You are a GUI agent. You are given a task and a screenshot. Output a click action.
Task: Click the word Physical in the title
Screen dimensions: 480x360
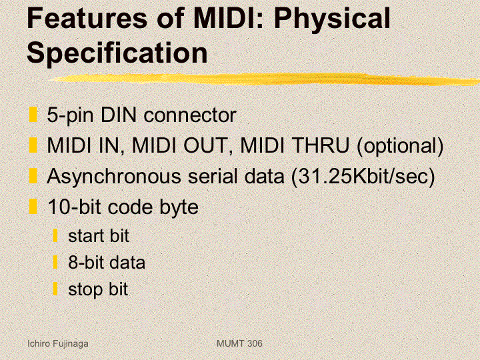pyautogui.click(x=332, y=19)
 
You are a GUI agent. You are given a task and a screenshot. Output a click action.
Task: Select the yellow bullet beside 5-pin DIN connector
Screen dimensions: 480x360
pyautogui.click(x=33, y=115)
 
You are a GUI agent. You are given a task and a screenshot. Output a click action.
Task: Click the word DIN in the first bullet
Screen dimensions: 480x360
pyautogui.click(x=118, y=115)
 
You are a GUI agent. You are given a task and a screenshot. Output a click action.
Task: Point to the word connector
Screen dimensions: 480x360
pyautogui.click(x=190, y=116)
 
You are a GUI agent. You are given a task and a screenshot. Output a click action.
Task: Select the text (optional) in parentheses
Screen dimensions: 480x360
pyautogui.click(x=400, y=146)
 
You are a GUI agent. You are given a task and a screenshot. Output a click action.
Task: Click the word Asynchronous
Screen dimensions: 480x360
pyautogui.click(x=114, y=177)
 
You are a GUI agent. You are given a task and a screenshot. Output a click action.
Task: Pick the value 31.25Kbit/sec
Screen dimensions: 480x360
pyautogui.click(x=363, y=177)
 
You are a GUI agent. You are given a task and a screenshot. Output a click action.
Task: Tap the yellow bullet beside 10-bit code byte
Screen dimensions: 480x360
pyautogui.click(x=33, y=206)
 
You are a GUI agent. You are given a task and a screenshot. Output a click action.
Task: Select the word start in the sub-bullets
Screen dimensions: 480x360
pyautogui.click(x=86, y=236)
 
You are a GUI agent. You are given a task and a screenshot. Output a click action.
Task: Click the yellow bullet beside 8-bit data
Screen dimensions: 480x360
pyautogui.click(x=55, y=262)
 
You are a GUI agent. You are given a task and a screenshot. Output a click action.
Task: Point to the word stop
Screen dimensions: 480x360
pyautogui.click(x=85, y=290)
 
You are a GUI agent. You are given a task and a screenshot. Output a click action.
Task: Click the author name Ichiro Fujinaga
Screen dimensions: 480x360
pyautogui.click(x=58, y=344)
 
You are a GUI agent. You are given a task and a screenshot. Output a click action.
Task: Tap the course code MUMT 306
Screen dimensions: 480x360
pyautogui.click(x=239, y=343)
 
